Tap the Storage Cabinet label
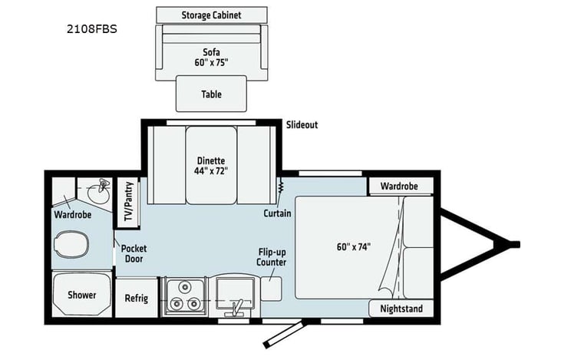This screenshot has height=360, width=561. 211,15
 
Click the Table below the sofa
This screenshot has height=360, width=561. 211,94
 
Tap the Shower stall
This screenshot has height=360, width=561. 81,295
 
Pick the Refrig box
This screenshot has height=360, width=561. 136,298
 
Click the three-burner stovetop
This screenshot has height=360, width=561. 183,296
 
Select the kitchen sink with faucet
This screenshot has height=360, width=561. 236,295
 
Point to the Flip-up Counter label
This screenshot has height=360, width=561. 272,256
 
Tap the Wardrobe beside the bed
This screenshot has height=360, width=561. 398,186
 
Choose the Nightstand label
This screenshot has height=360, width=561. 401,309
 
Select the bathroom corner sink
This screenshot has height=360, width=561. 96,188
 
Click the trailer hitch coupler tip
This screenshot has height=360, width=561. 515,244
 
